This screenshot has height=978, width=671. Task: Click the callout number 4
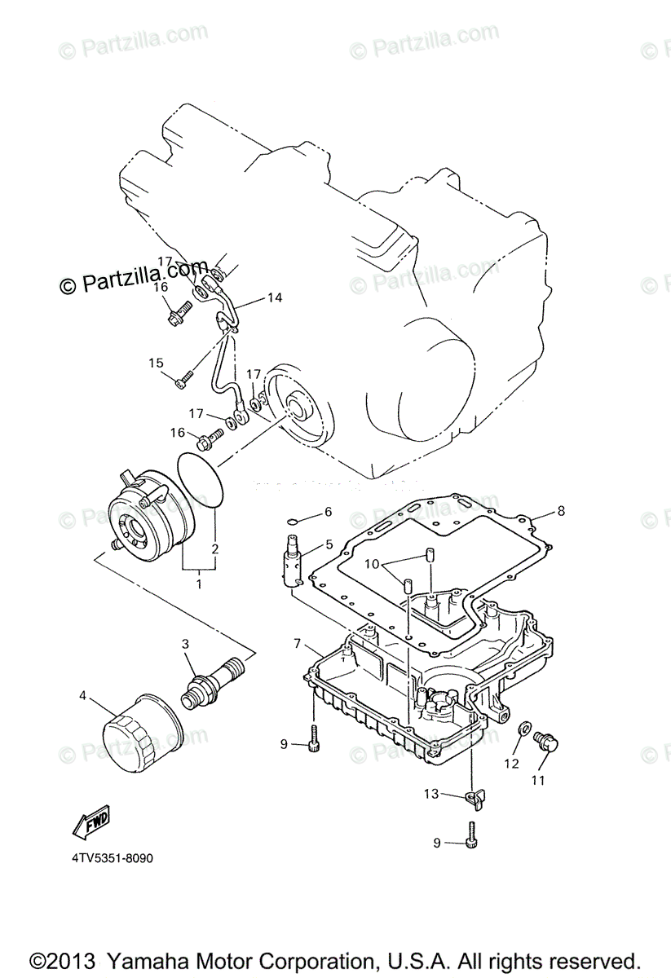tap(82, 696)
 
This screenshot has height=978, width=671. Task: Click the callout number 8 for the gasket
tap(561, 512)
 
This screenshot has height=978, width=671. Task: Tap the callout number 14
tap(275, 298)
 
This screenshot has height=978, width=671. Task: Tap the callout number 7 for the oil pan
tap(299, 644)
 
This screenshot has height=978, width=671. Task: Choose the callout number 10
tap(372, 564)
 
